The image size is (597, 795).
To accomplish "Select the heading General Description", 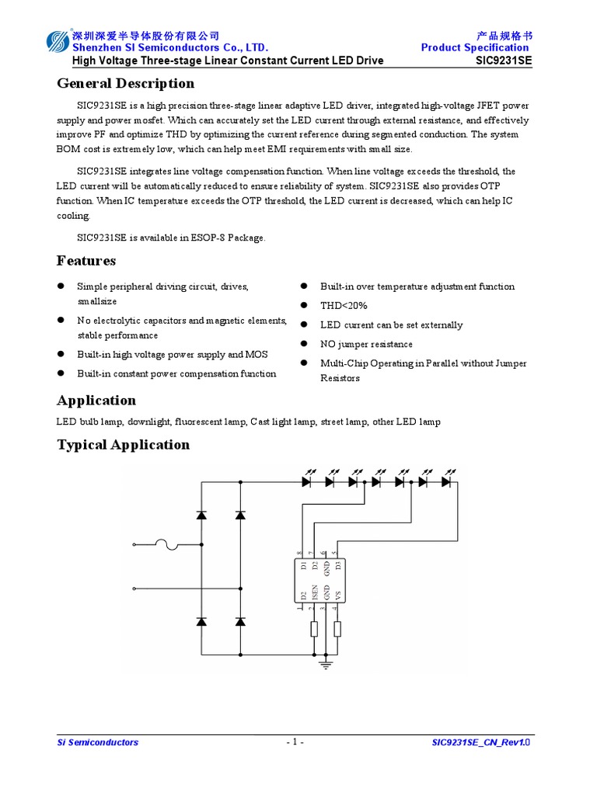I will click(x=125, y=83).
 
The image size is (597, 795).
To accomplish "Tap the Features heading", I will click(x=86, y=260).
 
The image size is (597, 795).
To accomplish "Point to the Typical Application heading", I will click(x=123, y=444).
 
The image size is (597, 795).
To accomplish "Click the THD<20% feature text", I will click(x=344, y=306).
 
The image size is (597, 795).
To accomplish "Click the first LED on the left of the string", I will click(x=307, y=481).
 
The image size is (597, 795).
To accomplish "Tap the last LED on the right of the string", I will click(x=446, y=481).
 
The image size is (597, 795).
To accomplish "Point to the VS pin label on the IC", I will click(x=337, y=595).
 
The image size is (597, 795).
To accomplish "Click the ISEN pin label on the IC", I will click(x=314, y=593).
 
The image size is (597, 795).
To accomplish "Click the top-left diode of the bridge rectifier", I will click(x=202, y=515).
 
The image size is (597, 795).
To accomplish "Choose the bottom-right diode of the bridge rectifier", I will click(x=239, y=621).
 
